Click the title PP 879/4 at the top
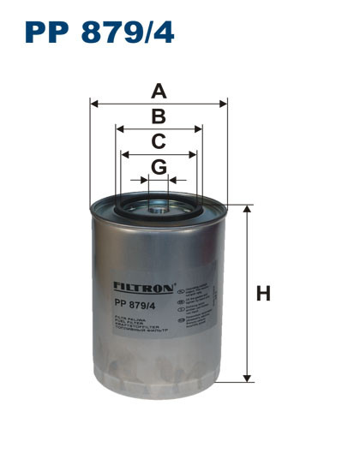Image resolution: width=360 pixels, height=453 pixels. pos(99,33)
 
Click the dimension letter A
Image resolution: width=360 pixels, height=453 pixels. pos(159,90)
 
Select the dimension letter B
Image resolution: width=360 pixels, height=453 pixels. pos(159,117)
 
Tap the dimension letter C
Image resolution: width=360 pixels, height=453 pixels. pos(159,142)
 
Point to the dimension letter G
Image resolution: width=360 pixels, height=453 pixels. pos(159,167)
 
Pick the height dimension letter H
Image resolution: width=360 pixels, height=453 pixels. pos(263,294)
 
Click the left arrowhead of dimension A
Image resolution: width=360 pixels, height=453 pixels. pos(93,104)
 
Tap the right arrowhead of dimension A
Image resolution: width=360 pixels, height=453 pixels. pos(224,104)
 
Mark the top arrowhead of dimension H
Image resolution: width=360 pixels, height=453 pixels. pos(248,210)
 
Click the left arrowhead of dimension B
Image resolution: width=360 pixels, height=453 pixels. pos(119,129)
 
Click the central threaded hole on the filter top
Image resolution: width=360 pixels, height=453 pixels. pos(159,205)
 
